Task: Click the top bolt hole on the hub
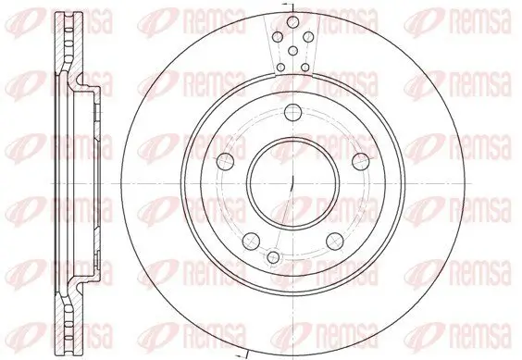[292, 113]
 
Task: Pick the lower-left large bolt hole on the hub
[250, 241]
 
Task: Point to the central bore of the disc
[292, 182]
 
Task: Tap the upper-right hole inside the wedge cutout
[305, 37]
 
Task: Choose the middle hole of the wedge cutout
[292, 51]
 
